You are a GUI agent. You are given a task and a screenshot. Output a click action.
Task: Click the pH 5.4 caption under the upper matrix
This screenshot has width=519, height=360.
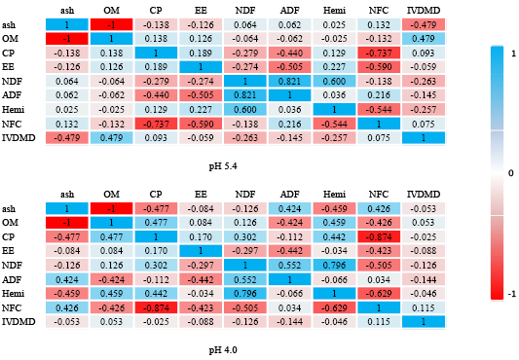pyautogui.click(x=223, y=165)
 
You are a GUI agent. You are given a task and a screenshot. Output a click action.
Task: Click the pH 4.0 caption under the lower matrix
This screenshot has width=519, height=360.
pyautogui.click(x=223, y=349)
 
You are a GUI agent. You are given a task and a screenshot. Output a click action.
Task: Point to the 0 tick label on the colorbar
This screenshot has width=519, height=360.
pyautogui.click(x=511, y=173)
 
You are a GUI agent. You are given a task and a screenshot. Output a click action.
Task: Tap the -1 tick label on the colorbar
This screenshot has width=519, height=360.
pyautogui.click(x=512, y=294)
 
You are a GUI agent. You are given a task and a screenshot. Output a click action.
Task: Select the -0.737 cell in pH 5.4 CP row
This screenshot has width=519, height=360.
pyautogui.click(x=379, y=53)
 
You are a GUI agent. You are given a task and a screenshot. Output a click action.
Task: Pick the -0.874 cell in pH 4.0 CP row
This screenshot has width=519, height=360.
pyautogui.click(x=379, y=236)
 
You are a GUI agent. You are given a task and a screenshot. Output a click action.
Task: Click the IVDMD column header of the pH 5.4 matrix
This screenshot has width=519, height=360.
pyautogui.click(x=424, y=11)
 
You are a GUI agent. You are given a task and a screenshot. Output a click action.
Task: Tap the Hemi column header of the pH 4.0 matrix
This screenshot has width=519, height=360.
pyautogui.click(x=334, y=195)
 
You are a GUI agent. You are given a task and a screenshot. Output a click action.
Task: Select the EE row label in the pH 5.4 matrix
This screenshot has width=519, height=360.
pyautogui.click(x=8, y=67)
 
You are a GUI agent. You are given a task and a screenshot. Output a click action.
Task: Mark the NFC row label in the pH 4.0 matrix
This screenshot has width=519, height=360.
pyautogui.click(x=12, y=308)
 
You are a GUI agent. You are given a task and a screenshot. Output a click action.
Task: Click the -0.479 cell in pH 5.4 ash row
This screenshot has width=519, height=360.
pyautogui.click(x=424, y=25)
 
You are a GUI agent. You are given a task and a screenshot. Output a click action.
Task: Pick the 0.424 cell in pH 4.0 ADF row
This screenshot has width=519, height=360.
pyautogui.click(x=67, y=279)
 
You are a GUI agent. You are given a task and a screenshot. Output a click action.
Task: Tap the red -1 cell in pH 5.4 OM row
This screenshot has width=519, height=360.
pyautogui.click(x=67, y=39)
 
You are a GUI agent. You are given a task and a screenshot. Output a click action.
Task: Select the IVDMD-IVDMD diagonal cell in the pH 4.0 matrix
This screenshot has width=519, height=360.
pyautogui.click(x=424, y=322)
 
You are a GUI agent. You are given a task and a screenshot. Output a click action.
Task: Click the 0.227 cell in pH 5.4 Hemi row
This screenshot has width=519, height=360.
pyautogui.click(x=201, y=110)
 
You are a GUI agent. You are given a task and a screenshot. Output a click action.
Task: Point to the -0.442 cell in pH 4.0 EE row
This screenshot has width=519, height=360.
pyautogui.click(x=289, y=251)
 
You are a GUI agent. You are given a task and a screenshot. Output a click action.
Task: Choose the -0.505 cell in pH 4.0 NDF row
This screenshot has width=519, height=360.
pyautogui.click(x=379, y=266)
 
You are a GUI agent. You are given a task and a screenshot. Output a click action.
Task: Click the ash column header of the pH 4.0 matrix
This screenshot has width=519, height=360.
pyautogui.click(x=67, y=195)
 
